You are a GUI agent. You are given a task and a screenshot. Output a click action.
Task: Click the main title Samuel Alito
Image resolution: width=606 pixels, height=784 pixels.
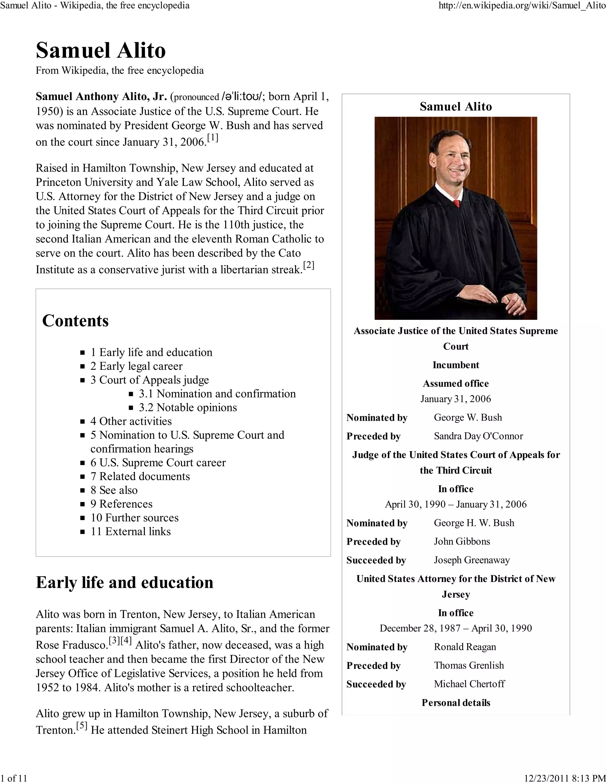coord(101,50)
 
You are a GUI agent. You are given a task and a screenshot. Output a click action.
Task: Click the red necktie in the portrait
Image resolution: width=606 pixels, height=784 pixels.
coord(457,204)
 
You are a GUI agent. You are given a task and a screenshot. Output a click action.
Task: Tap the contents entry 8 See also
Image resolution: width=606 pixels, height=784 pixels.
coord(114,490)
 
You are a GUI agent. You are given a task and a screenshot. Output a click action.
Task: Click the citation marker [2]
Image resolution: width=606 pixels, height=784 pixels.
coord(308,265)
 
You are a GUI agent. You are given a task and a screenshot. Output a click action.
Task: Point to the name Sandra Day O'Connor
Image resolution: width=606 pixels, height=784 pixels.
coord(478,436)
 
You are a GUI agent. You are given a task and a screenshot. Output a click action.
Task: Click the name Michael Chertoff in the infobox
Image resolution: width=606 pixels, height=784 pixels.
coord(469,684)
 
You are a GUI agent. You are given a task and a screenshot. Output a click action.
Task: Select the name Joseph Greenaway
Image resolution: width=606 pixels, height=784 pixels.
coord(472,560)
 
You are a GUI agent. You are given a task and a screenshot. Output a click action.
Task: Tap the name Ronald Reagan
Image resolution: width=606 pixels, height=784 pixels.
coord(465,647)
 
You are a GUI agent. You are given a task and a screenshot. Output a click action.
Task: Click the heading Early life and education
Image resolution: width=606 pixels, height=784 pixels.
coord(125,583)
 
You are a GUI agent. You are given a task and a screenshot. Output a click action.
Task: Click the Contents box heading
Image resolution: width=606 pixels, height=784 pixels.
coord(75,321)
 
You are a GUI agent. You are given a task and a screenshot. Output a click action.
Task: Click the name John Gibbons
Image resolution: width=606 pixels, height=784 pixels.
coord(462,541)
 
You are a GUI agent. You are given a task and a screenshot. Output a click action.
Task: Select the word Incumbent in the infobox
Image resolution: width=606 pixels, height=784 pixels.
coord(456,365)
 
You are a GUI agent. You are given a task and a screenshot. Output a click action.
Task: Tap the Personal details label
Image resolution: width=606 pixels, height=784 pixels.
coord(456,703)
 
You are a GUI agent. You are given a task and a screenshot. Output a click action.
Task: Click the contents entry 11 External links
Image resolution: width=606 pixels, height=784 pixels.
coord(131,531)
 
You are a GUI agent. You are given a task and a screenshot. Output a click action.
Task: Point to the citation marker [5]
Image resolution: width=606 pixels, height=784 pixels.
coord(82,726)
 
